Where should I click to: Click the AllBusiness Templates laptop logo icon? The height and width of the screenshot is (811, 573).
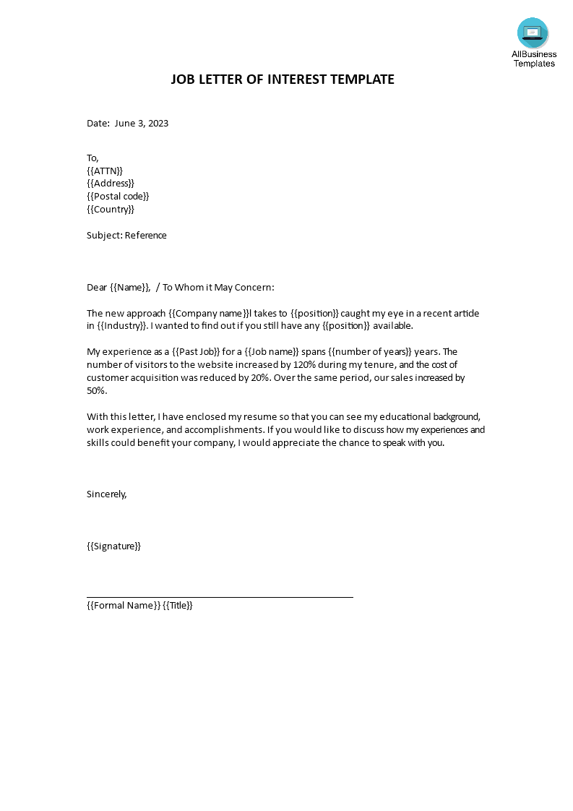[533, 33]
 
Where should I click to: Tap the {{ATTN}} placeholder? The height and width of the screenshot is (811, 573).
[105, 171]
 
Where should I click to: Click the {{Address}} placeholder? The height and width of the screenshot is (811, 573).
[111, 184]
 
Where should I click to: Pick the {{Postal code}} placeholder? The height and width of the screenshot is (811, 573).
[118, 197]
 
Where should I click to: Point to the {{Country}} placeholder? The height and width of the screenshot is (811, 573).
[111, 210]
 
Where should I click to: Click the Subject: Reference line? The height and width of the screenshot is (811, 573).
[126, 236]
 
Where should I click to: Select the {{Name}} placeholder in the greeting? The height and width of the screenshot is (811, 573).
[130, 288]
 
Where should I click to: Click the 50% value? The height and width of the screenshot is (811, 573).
[96, 391]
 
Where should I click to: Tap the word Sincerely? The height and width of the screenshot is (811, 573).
[106, 494]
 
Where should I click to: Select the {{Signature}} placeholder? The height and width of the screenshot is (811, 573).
[113, 546]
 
